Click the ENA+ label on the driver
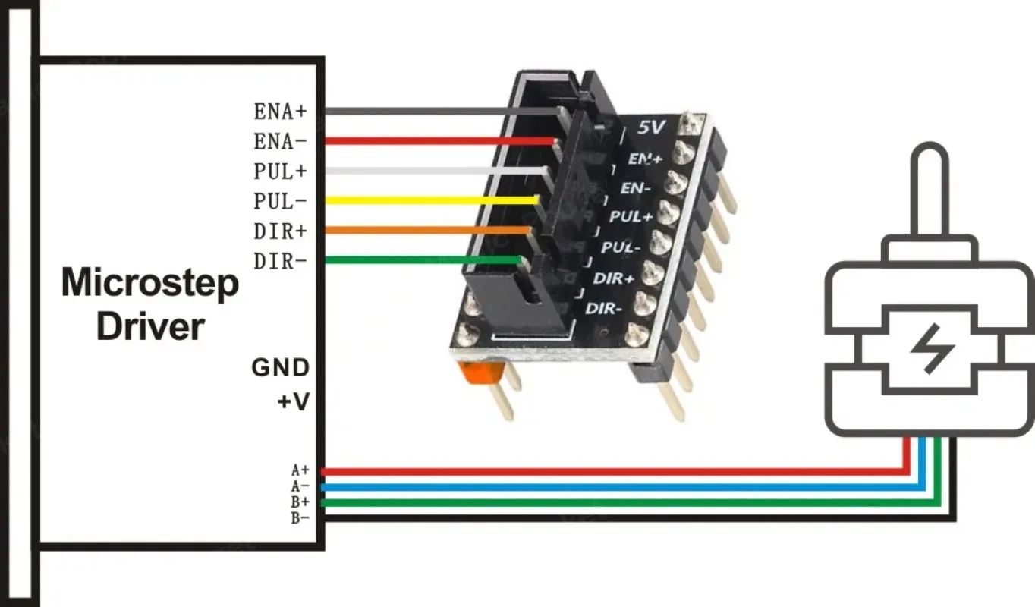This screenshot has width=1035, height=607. pyautogui.click(x=280, y=111)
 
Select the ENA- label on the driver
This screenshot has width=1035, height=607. pyautogui.click(x=280, y=141)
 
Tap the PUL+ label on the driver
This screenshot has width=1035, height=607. pyautogui.click(x=280, y=171)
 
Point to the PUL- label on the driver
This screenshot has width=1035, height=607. pyautogui.click(x=280, y=202)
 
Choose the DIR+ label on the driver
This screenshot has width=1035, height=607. pyautogui.click(x=280, y=231)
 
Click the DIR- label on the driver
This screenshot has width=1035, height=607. pyautogui.click(x=280, y=262)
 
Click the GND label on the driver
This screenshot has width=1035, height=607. pyautogui.click(x=280, y=368)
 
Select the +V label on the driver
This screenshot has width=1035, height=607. pyautogui.click(x=292, y=401)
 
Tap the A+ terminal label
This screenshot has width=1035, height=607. pyautogui.click(x=300, y=470)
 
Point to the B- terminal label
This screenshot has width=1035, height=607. pyautogui.click(x=300, y=518)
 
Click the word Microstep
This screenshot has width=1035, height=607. pyautogui.click(x=149, y=283)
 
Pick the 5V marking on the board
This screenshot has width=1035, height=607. pyautogui.click(x=651, y=128)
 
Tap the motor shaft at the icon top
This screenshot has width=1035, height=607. pyautogui.click(x=927, y=190)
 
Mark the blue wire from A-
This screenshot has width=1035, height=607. pyautogui.click(x=607, y=486)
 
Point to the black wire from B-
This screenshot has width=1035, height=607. pyautogui.click(x=607, y=518)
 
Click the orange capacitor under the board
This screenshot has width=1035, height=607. pyautogui.click(x=473, y=373)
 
